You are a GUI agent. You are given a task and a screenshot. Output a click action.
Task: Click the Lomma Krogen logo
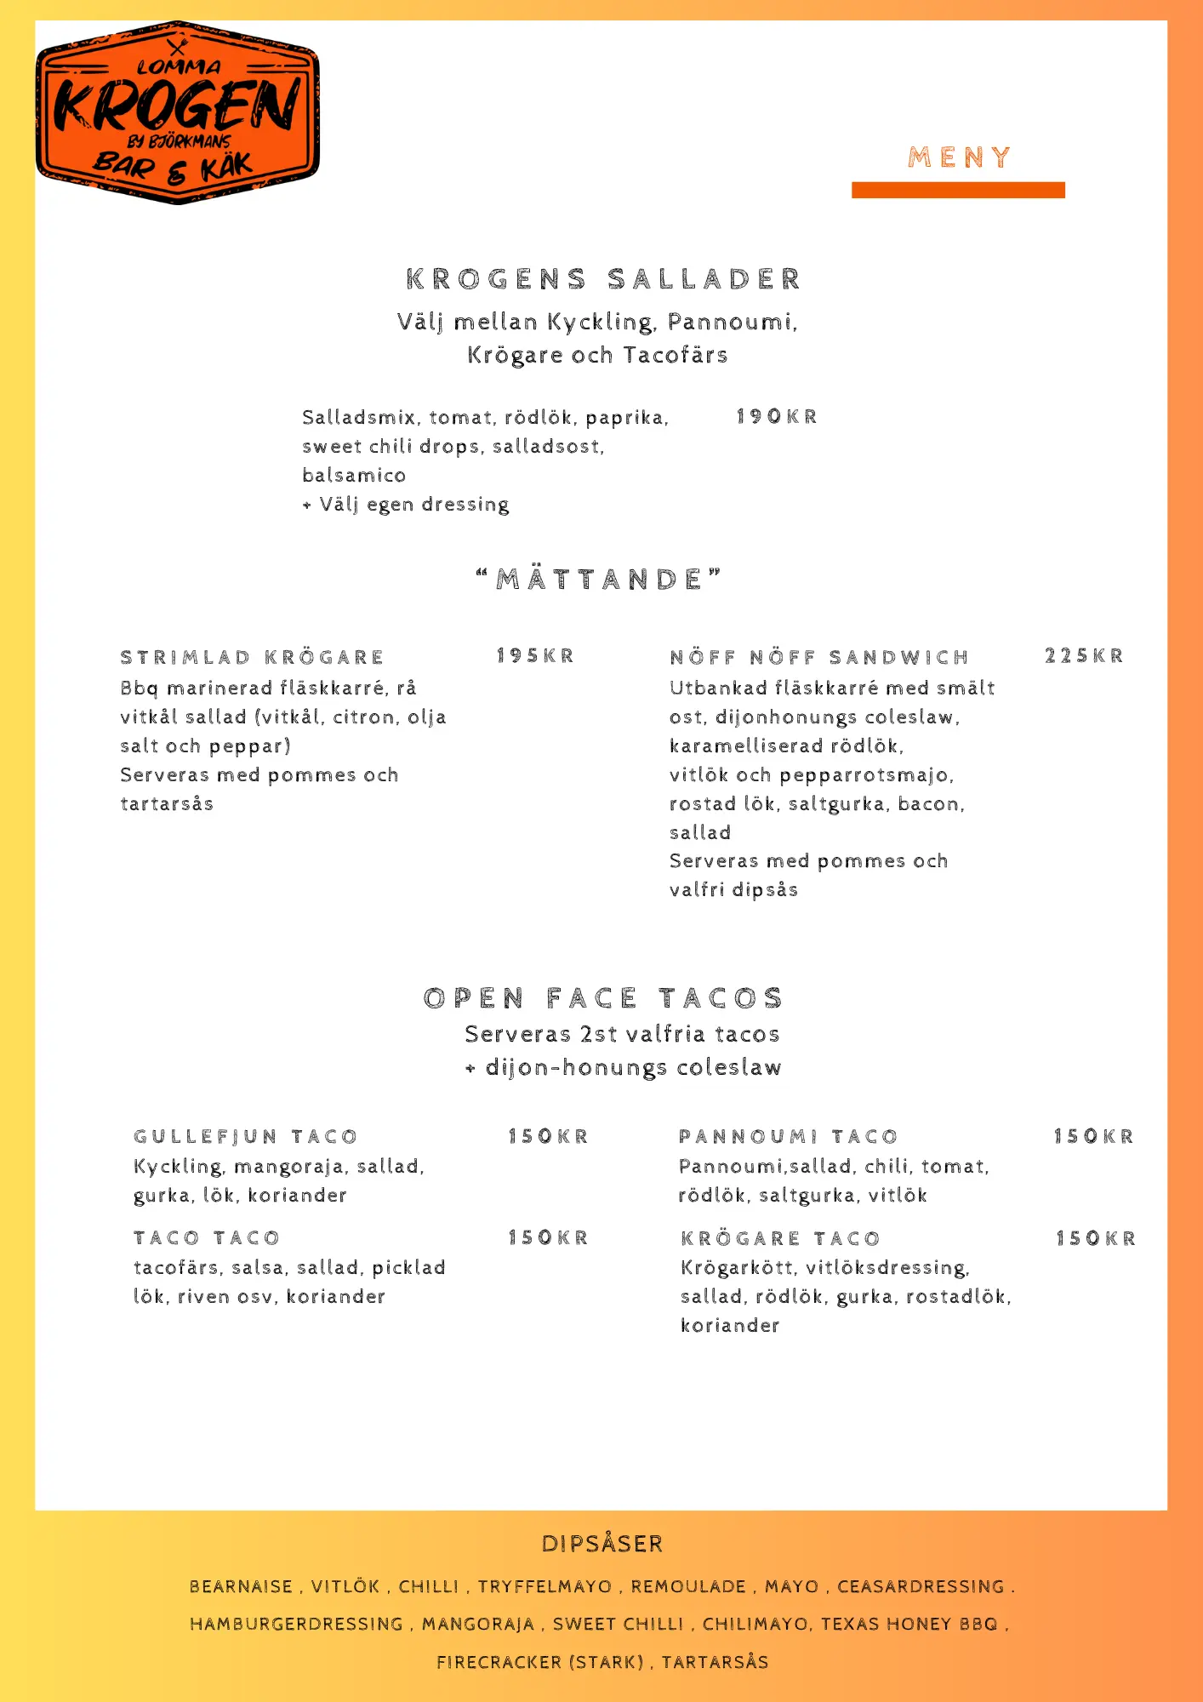click(x=177, y=111)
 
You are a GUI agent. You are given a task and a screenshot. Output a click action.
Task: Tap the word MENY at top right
click(x=959, y=157)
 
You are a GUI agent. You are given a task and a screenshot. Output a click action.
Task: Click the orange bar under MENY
click(x=958, y=190)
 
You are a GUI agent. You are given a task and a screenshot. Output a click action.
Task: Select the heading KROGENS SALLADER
click(x=603, y=279)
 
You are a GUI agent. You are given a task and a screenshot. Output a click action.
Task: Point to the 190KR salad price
click(x=776, y=417)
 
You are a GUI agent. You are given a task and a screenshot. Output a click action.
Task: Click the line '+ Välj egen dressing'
click(x=406, y=505)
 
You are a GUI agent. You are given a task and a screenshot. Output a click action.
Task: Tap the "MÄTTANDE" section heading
click(x=599, y=580)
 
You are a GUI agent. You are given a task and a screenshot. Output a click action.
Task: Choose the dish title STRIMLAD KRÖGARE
click(x=252, y=657)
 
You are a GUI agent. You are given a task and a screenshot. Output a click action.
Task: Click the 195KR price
click(x=535, y=656)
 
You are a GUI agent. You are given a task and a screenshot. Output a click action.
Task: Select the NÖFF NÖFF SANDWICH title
click(x=819, y=657)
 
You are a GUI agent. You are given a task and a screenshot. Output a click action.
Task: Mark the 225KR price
click(x=1084, y=656)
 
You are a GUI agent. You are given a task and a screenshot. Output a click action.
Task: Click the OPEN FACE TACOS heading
click(x=602, y=998)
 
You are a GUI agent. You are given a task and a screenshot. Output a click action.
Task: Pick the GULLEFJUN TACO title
click(x=245, y=1137)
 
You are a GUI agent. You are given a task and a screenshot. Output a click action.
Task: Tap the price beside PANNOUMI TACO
click(x=1093, y=1137)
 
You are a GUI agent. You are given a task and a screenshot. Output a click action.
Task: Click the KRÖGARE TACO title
click(x=780, y=1239)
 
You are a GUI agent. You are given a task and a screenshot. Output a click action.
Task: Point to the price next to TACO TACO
click(x=548, y=1238)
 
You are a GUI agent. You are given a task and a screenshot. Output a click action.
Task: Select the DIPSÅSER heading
click(x=601, y=1544)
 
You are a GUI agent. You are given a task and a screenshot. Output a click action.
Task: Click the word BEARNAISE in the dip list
click(x=241, y=1587)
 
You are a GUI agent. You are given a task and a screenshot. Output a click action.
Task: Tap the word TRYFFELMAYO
click(x=544, y=1587)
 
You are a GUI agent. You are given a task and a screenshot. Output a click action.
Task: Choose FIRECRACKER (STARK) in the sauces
click(x=539, y=1662)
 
